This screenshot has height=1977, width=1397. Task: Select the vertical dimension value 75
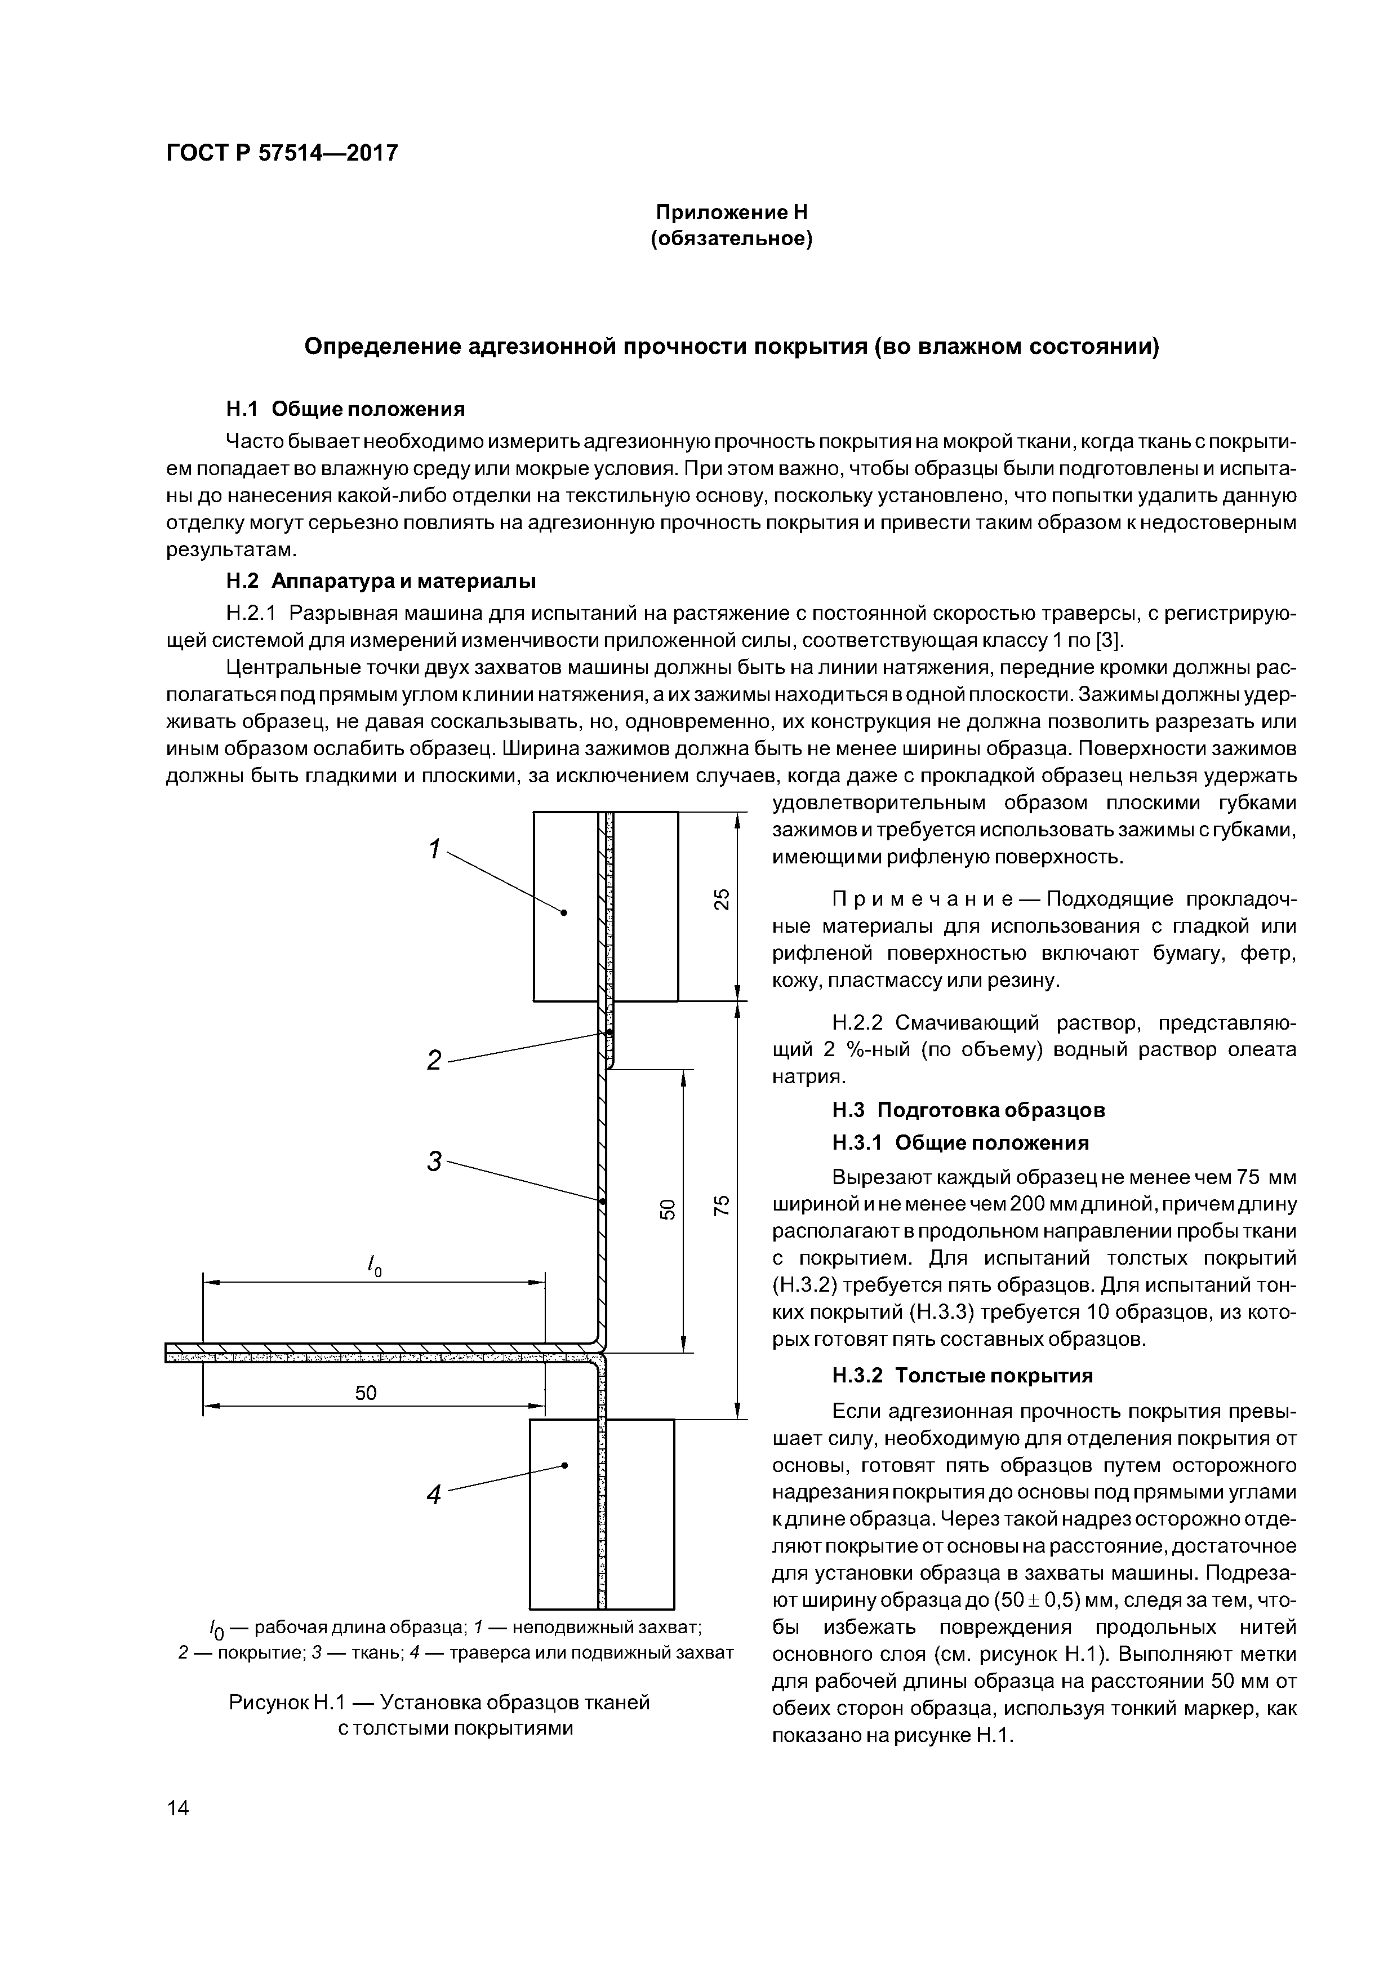(723, 1205)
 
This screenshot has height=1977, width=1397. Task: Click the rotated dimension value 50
(667, 1209)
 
